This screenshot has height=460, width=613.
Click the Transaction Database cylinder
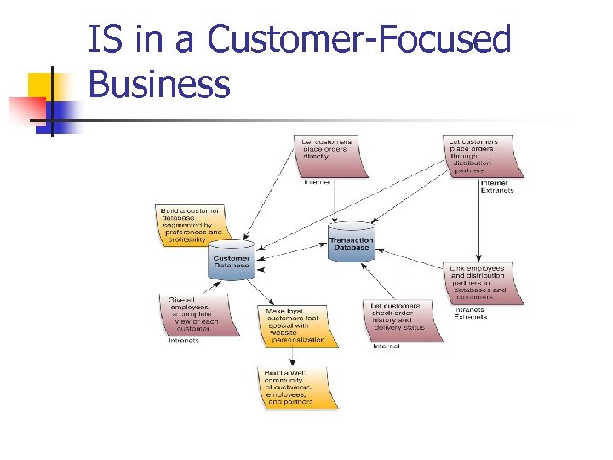pos(351,242)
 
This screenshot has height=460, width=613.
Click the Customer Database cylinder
pos(232,261)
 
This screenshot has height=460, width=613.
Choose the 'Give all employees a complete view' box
pos(197,313)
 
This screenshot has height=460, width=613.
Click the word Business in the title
pos(159,83)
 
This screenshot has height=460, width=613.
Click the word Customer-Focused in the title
pos(358,40)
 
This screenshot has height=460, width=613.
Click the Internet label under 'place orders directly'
pos(317,182)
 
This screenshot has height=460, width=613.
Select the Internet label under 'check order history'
pos(387,347)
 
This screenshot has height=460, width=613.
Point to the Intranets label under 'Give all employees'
pos(183,341)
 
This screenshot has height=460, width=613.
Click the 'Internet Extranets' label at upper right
pos(496,187)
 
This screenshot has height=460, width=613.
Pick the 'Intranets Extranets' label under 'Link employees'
pos(470,313)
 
